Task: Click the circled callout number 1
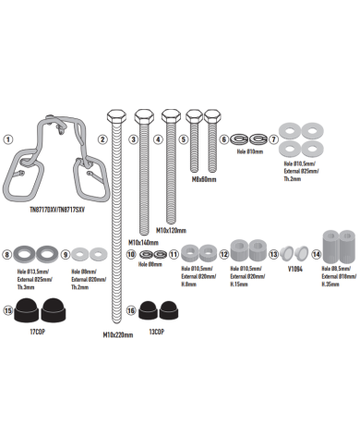[8, 139]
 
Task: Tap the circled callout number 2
[103, 139]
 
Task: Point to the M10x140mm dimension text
[144, 242]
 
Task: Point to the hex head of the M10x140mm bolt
[144, 116]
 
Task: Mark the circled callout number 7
[273, 139]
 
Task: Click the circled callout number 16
[131, 310]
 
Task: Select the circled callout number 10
[131, 253]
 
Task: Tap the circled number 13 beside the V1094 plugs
[273, 253]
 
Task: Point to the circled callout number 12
[223, 253]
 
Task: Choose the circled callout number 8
[8, 253]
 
